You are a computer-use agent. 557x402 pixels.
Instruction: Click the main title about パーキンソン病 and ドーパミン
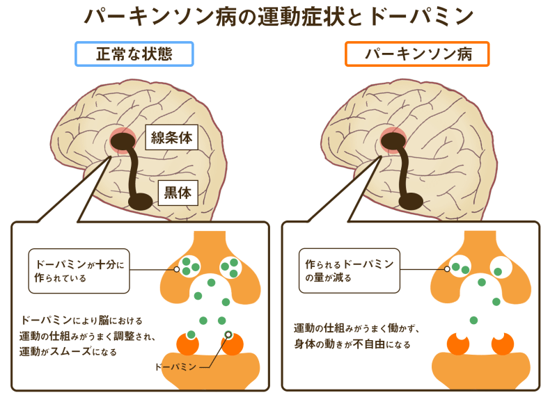click(x=278, y=17)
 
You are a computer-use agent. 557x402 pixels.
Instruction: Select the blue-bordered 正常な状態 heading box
click(x=134, y=54)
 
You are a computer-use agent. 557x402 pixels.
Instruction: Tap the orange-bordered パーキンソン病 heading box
click(x=417, y=54)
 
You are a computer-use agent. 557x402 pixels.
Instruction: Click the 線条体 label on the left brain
click(x=171, y=138)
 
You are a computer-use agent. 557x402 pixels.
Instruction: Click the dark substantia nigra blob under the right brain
click(x=411, y=202)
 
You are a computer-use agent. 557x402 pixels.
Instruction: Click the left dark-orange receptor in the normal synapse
click(x=189, y=343)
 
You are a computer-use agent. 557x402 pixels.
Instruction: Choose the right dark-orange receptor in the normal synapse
click(x=231, y=343)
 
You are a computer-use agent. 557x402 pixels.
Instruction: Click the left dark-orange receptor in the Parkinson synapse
click(x=458, y=343)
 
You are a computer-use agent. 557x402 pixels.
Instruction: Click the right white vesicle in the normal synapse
click(x=232, y=266)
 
